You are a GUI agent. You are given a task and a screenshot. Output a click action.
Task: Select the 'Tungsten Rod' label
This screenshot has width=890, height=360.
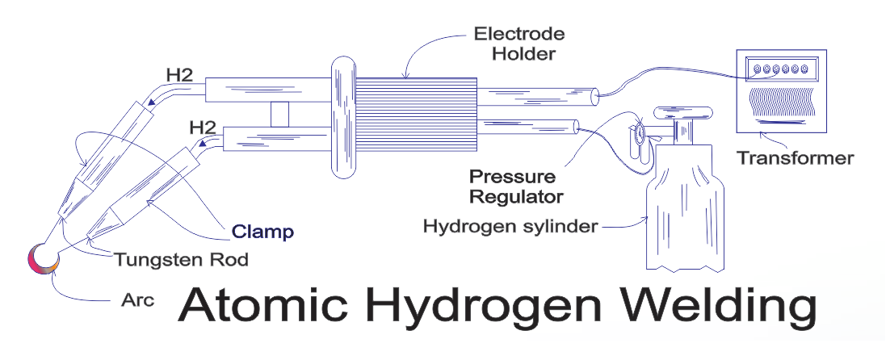coord(180,260)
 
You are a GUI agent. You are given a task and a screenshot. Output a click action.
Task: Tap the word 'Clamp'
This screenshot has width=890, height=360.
coord(262,232)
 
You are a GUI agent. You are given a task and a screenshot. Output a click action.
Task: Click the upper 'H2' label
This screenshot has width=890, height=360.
coord(179,74)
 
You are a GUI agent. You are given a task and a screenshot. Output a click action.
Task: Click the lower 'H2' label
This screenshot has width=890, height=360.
coord(201,127)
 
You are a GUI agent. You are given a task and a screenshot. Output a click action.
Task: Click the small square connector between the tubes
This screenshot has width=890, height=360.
coord(280,115)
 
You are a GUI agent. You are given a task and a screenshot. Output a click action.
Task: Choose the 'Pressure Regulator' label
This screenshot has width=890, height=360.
coord(514,186)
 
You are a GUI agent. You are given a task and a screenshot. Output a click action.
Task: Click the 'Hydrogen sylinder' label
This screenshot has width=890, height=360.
coord(510,226)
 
